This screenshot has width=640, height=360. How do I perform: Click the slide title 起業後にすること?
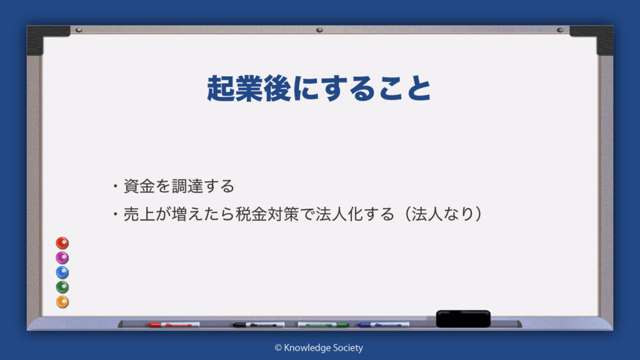point(319,88)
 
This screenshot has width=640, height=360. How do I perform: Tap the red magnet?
point(62,243)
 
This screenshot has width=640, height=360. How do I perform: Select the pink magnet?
point(62,257)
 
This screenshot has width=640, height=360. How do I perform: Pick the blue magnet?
point(62,272)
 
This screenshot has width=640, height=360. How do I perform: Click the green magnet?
point(62,287)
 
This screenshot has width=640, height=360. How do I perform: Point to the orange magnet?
point(62,302)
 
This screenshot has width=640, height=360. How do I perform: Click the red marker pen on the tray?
point(174,325)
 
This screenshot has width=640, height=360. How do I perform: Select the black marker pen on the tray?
point(259,325)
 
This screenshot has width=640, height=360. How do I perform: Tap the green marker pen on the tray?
point(323,325)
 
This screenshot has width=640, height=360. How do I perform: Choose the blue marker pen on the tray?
point(383,325)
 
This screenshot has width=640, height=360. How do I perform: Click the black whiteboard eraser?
point(463,319)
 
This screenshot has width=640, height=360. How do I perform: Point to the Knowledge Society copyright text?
point(319,347)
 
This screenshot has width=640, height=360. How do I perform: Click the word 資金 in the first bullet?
point(139,186)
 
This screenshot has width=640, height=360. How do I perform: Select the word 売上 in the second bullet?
point(139,214)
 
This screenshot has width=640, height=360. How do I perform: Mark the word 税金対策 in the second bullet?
point(267,214)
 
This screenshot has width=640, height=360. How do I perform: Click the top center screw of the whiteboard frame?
point(319,30)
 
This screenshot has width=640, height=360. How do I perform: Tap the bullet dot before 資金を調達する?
point(116,186)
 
